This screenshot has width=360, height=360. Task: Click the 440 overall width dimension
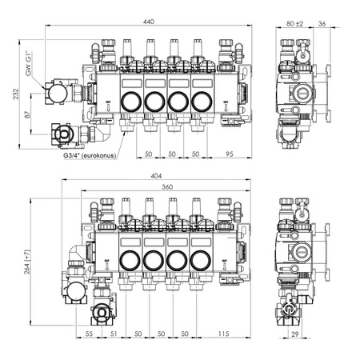148,22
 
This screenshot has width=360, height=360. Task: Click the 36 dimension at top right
322,22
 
